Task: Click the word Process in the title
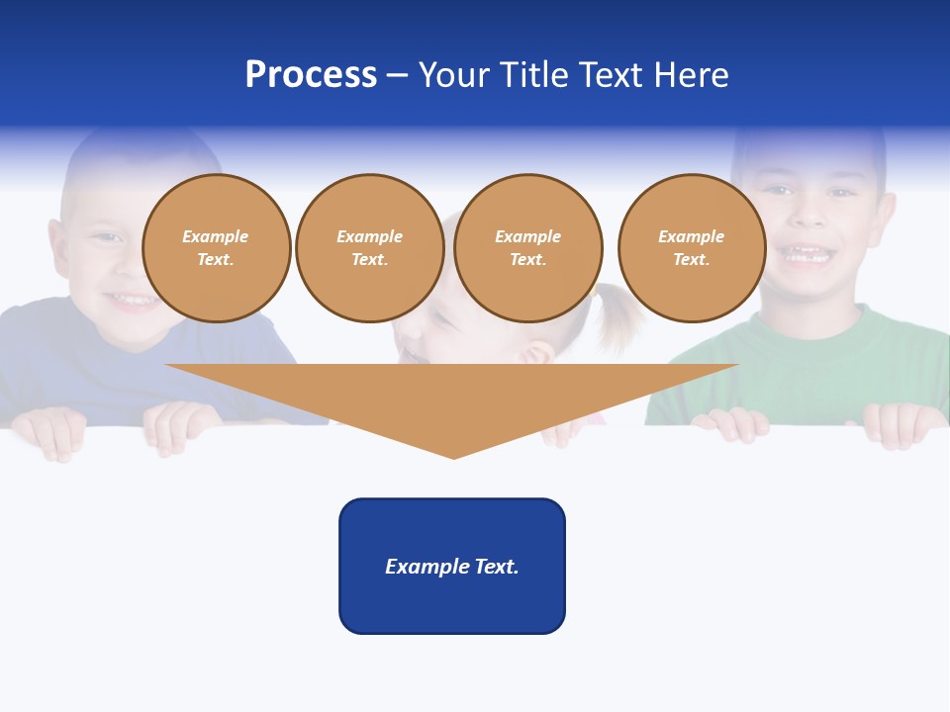311,75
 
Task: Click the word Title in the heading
535,75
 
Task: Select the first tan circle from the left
216,247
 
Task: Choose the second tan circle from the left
369,247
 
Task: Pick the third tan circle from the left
527,247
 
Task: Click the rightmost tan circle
691,247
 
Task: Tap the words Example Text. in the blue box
452,567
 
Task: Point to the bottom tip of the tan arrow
453,457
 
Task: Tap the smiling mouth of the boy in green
807,256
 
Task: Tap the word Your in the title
454,75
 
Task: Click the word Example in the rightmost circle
691,236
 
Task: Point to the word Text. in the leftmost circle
216,259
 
